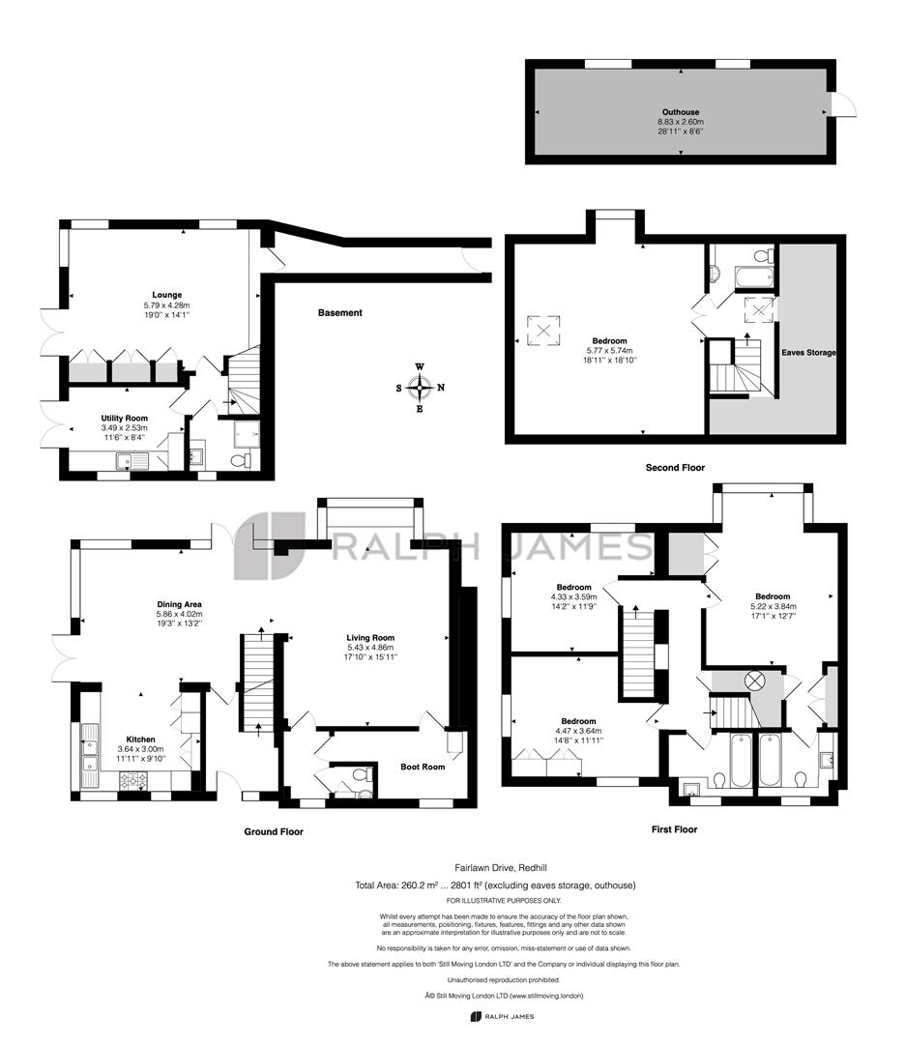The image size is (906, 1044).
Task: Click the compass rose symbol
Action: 420,388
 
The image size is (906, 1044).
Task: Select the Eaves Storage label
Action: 808,353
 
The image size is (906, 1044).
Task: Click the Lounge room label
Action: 166,295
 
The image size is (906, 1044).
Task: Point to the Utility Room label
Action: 124,418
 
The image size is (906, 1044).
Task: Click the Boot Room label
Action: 423,767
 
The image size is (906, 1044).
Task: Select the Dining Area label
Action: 179,604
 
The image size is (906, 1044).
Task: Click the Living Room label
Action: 370,638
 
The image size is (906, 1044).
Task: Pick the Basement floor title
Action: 339,313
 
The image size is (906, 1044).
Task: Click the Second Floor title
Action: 675,468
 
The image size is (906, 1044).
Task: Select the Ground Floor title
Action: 274,831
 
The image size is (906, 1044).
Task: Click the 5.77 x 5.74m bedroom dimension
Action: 609,351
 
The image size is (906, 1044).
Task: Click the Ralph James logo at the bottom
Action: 502,1017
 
